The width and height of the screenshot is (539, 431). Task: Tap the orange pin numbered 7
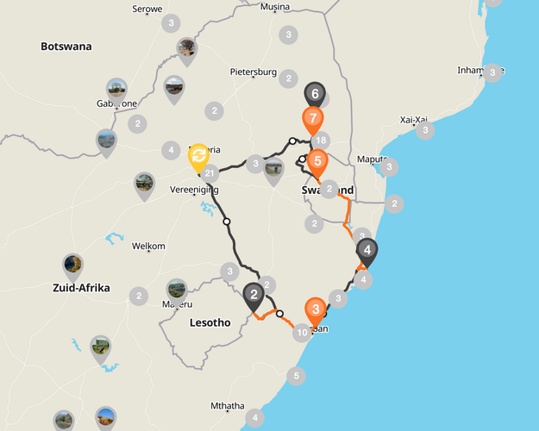tap(313, 118)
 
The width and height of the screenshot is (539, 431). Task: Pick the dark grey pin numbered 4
tap(367, 252)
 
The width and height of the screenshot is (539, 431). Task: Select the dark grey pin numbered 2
tap(254, 297)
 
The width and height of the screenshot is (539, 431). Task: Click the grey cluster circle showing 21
tap(210, 174)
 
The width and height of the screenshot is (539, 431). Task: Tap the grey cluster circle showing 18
tap(321, 141)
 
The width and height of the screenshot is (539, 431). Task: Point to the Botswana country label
tap(66, 47)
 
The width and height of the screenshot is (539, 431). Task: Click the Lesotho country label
tap(210, 323)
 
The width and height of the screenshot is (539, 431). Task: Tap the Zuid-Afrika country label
tap(81, 288)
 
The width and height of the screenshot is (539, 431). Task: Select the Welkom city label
tap(148, 247)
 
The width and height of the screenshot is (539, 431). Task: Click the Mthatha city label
tap(228, 406)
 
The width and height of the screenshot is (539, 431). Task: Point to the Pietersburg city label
tap(253, 72)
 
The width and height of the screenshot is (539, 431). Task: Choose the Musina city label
tap(275, 7)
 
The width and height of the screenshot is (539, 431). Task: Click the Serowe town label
tap(147, 9)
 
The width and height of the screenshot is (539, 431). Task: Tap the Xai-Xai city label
tap(415, 120)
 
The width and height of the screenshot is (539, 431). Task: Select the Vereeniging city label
tap(194, 190)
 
